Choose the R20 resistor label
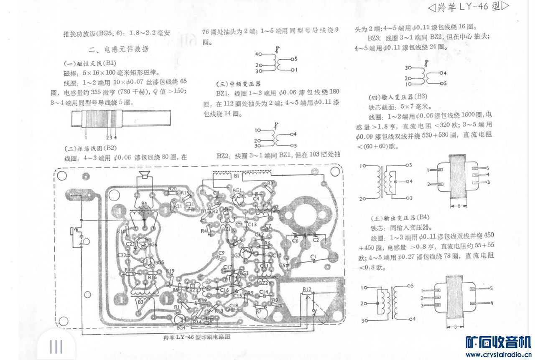point(172,189)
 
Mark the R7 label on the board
point(258,311)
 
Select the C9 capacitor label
point(221,253)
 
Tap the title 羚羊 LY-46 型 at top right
point(468,7)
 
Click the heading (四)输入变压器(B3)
point(397,96)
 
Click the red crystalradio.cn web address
point(498,355)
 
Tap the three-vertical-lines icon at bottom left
point(56,347)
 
